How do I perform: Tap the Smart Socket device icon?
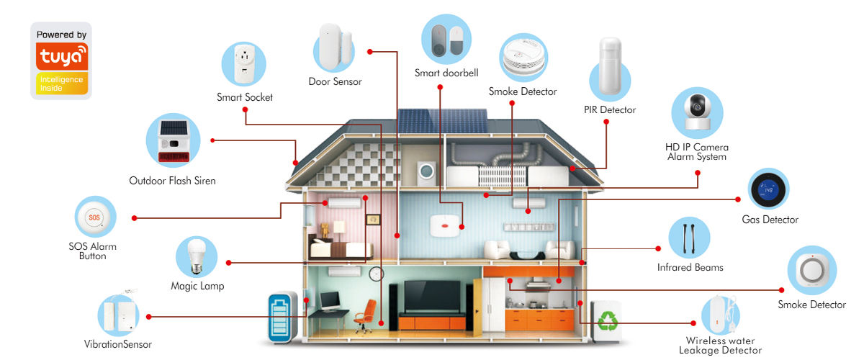244,65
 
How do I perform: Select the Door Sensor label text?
335,82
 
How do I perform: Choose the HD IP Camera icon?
696,114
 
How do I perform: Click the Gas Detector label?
770,220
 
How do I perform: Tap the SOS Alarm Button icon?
95,217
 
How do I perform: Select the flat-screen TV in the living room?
432,295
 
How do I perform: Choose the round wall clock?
377,273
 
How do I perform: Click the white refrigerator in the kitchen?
493,302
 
